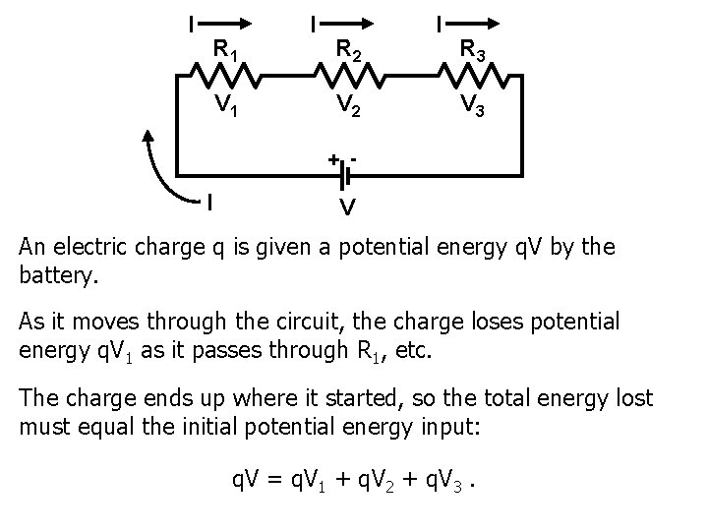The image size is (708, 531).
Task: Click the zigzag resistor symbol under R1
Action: point(225,77)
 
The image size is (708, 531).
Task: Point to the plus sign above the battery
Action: point(333,158)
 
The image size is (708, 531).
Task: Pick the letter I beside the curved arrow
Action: point(209,203)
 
